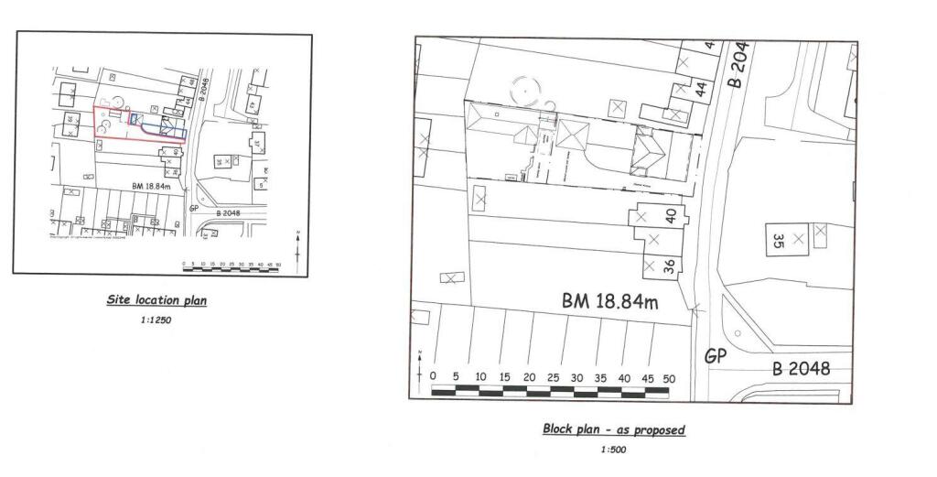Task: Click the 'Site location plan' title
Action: click(156, 300)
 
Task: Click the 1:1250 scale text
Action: click(156, 321)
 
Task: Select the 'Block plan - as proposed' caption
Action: click(613, 429)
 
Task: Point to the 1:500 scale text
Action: click(614, 450)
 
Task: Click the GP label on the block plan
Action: click(716, 356)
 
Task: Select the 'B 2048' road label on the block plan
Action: click(801, 369)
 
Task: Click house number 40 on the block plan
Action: click(671, 216)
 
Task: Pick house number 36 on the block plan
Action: click(670, 266)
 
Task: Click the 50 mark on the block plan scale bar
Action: click(668, 378)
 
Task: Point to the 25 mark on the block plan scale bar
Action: click(553, 378)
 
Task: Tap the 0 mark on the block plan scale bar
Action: click(433, 378)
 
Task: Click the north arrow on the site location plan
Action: click(297, 245)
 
